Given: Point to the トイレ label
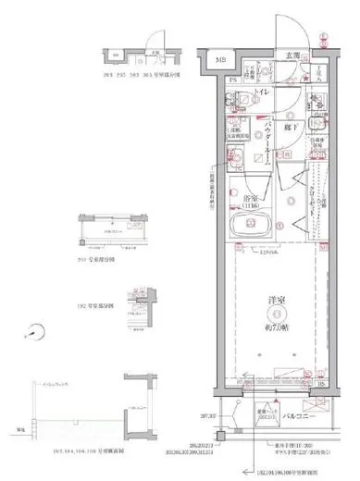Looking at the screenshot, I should tap(262, 92).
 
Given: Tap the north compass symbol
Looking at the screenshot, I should tap(35, 330).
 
